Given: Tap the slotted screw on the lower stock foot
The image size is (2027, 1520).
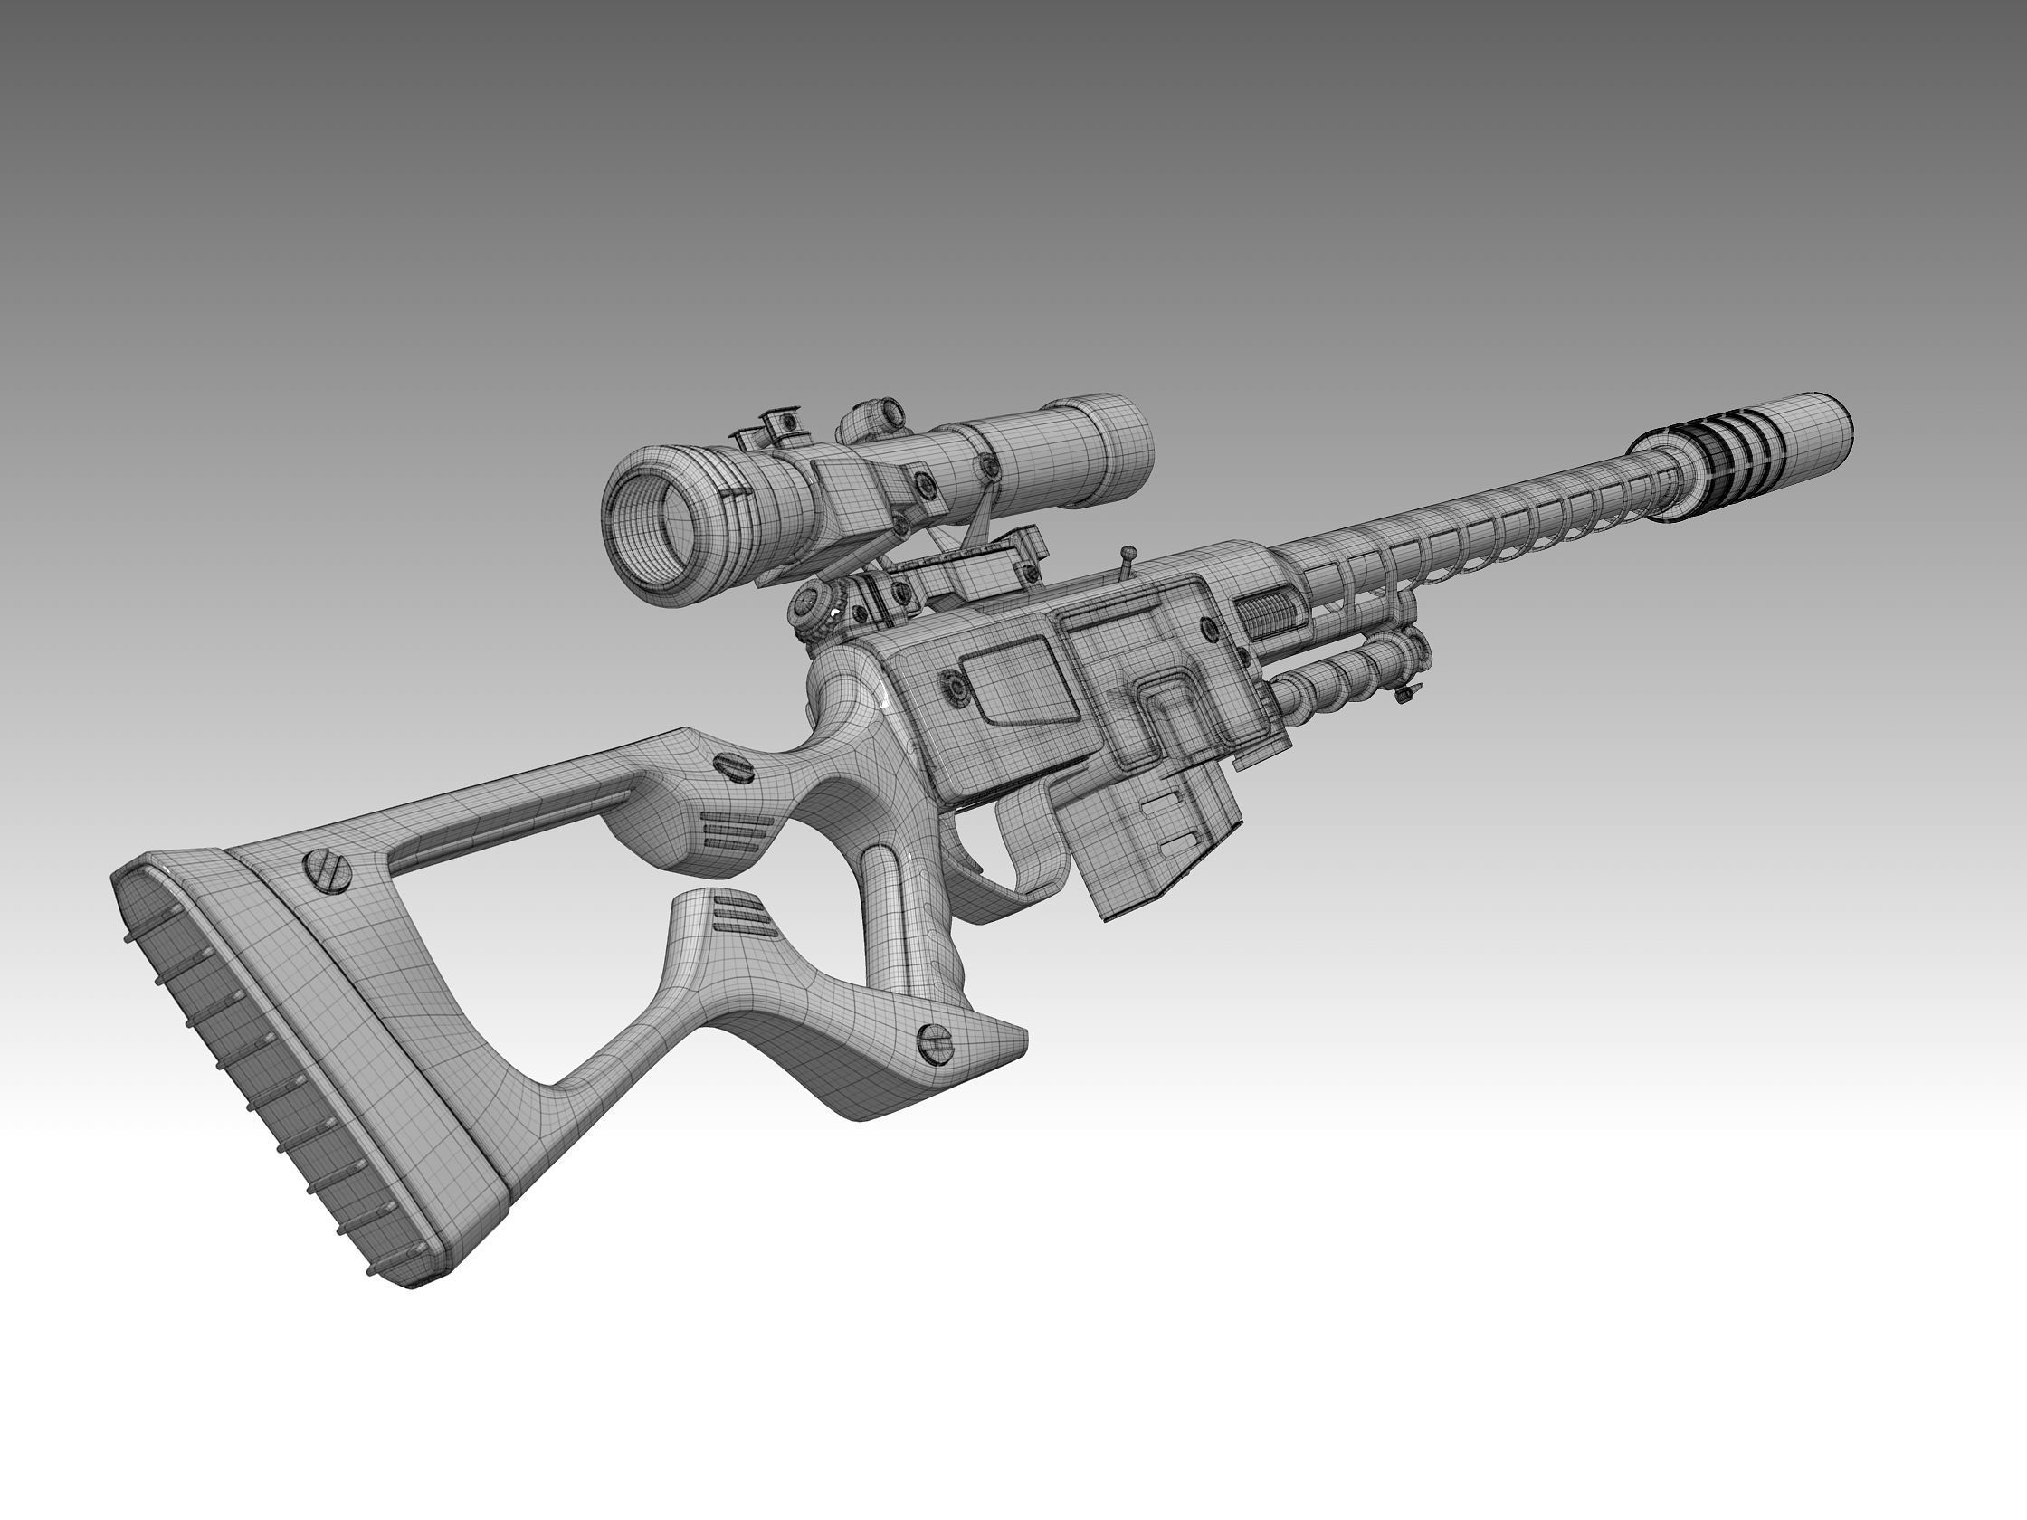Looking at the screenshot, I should [936, 1041].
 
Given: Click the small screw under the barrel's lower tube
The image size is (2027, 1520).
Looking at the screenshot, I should [1404, 696].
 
